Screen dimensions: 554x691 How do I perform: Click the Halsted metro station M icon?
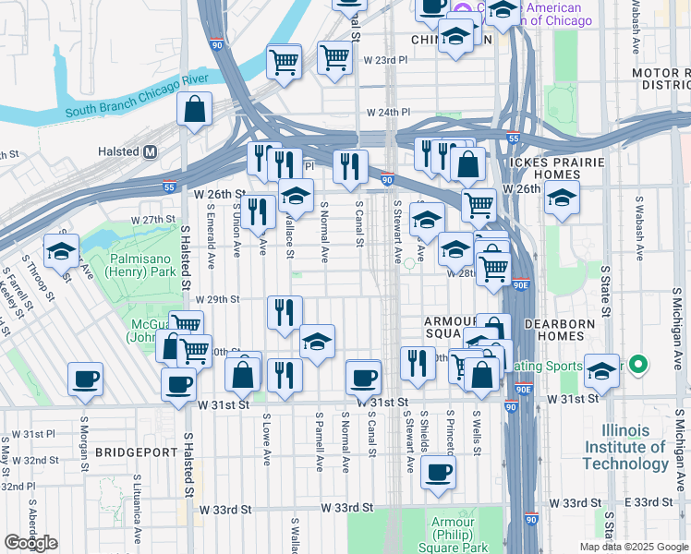click(150, 151)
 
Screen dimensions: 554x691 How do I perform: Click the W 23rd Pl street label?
click(386, 59)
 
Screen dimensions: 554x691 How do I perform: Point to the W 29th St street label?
click(218, 299)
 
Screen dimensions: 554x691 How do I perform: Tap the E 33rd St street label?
click(660, 501)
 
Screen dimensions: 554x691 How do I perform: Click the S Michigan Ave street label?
click(676, 314)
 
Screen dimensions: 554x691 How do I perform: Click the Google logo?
click(30, 543)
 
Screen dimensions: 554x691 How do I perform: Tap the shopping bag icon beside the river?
click(195, 110)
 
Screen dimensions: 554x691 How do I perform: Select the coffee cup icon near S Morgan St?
click(86, 379)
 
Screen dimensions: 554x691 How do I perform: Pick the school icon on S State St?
click(601, 371)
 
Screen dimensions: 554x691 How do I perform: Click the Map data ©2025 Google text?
click(633, 547)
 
